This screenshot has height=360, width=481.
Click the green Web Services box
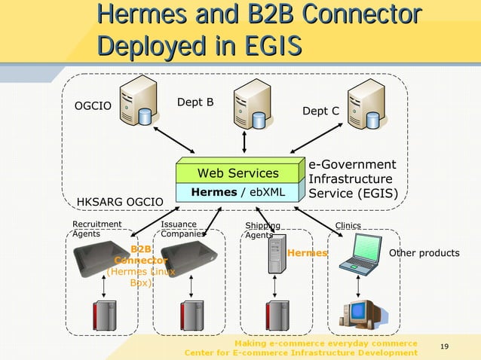tap(238, 173)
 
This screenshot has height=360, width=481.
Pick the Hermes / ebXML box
tap(238, 192)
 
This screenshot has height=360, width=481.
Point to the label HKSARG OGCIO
tap(120, 202)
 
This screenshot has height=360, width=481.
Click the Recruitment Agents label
tap(97, 229)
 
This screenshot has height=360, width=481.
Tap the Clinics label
tap(348, 225)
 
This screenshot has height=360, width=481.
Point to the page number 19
tap(443, 346)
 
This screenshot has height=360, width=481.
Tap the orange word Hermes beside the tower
tap(307, 253)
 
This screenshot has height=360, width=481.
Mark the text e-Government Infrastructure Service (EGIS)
tap(353, 179)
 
